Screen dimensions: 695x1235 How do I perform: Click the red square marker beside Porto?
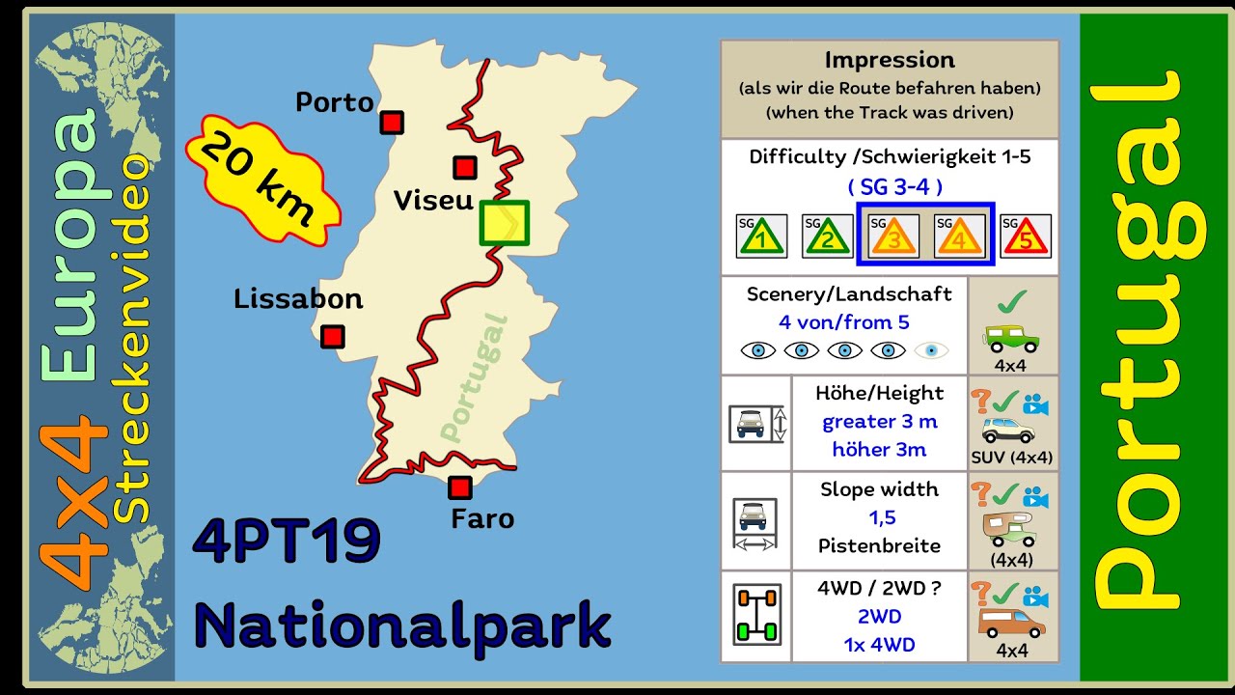[x=391, y=123]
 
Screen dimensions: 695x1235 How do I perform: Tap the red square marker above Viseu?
[x=465, y=167]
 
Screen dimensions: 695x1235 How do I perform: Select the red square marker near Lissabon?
[x=332, y=336]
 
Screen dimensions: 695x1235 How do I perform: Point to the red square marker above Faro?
[x=460, y=487]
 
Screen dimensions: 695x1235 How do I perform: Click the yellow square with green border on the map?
[x=504, y=223]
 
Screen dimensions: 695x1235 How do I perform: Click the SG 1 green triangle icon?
[x=761, y=236]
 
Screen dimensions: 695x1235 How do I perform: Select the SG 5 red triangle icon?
[x=1025, y=236]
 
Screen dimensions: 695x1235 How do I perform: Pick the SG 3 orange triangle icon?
[x=893, y=236]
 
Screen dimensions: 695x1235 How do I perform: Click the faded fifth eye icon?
[x=931, y=350]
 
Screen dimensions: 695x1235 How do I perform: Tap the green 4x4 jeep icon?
[x=1011, y=337]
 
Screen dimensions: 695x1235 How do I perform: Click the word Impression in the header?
[x=890, y=60]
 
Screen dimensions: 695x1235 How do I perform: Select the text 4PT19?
[x=287, y=542]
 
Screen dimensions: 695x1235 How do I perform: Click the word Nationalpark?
[x=402, y=625]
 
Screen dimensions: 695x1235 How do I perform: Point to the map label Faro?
[x=482, y=518]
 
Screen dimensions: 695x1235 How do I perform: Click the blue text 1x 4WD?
[x=879, y=645]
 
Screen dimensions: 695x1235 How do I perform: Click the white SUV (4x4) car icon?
[x=1007, y=430]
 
